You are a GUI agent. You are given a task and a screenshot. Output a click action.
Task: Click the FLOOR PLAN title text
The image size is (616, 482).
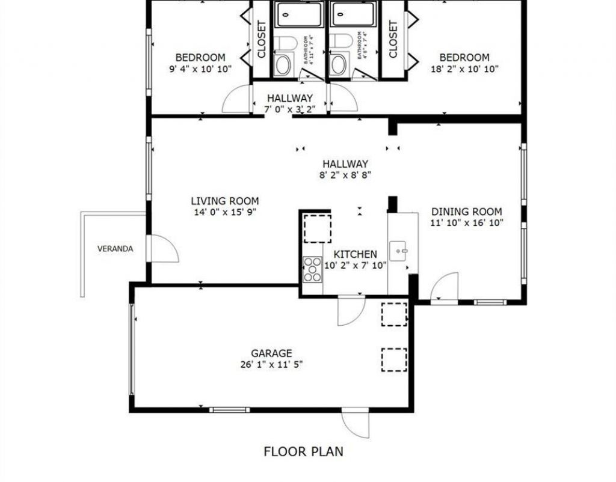304,451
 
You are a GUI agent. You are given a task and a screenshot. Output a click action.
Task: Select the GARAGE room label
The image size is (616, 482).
271,353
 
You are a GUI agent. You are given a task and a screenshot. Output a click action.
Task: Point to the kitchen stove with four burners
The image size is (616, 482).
312,269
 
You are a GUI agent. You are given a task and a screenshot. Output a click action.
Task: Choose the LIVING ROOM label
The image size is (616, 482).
225,201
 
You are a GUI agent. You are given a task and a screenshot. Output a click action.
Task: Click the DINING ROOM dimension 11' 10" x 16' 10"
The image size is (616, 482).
466,222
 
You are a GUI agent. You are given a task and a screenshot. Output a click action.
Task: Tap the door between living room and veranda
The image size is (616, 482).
162,248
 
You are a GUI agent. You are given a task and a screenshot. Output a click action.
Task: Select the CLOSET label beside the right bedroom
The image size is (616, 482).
393,40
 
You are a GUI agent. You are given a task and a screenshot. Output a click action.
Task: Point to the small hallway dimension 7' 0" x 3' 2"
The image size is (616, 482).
289,109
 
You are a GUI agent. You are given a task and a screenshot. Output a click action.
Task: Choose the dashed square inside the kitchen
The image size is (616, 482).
316,228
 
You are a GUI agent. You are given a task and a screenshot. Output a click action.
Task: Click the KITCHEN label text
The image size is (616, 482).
355,254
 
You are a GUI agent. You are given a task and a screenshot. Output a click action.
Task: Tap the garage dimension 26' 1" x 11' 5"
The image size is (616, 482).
271,364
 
